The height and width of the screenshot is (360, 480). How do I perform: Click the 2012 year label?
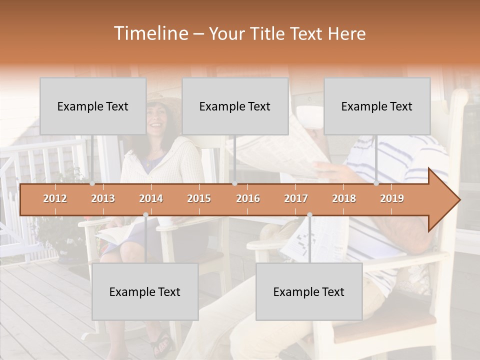point(55,198)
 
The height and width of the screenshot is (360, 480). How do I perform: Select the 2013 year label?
point(103,198)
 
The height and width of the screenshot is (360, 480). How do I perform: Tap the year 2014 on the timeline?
point(151,198)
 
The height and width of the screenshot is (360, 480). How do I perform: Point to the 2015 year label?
point(199,198)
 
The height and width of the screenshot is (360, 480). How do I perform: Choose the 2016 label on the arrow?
point(248,198)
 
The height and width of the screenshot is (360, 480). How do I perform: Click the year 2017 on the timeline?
point(296,198)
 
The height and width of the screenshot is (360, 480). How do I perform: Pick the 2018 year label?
point(344,198)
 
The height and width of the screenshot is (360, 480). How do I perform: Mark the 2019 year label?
point(392,198)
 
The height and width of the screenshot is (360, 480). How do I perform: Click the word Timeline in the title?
point(150,33)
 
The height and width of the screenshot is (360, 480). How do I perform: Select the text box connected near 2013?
point(93,106)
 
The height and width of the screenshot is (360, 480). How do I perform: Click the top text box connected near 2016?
point(235,106)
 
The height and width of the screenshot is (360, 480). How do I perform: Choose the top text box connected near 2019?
point(377,106)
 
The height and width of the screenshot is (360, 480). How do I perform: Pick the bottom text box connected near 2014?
point(145,291)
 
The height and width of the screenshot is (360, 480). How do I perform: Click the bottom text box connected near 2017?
point(309,291)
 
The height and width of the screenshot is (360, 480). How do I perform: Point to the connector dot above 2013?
point(92,183)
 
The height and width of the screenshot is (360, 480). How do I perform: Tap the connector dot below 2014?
point(145,214)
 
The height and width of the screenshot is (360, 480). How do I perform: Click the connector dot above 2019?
point(376,183)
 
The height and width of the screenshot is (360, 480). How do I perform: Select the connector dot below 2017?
point(309,214)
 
